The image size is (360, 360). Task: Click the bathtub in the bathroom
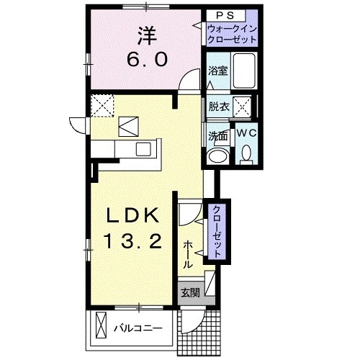(246, 72)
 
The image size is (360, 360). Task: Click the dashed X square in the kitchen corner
(102, 106)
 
